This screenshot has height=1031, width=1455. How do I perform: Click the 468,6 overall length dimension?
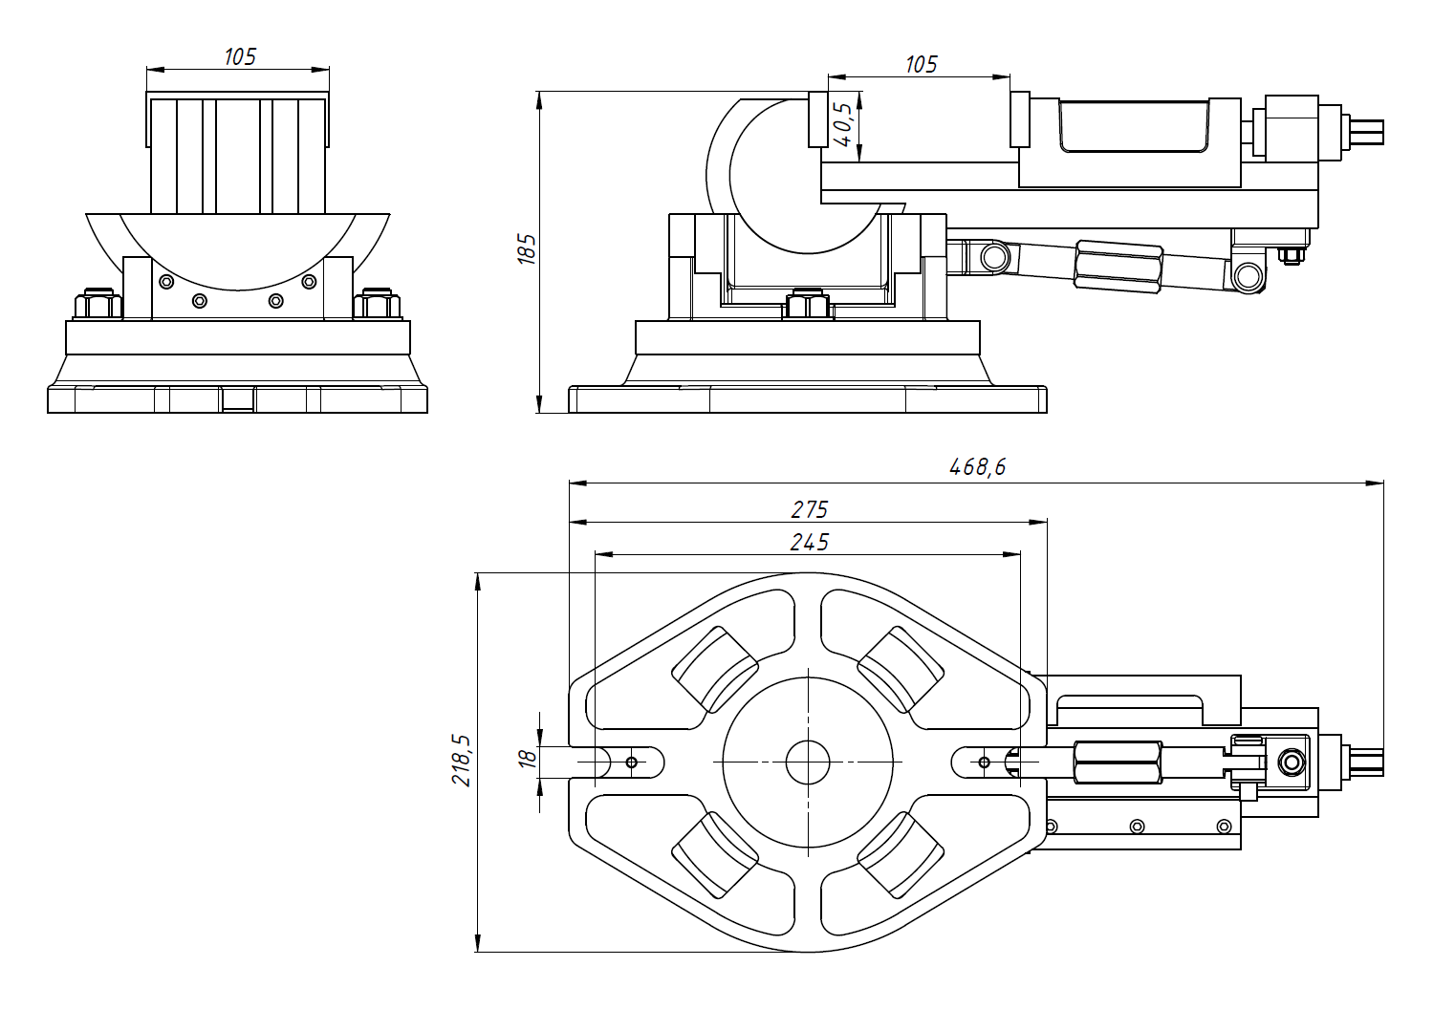pos(977,467)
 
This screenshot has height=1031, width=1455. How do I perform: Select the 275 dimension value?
pos(809,509)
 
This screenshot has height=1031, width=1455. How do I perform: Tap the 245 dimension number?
pos(809,543)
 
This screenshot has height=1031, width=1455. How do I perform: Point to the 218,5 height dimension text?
pos(461,761)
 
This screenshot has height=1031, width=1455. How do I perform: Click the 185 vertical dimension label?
pos(526,249)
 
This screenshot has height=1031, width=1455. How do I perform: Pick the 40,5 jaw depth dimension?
pos(842,124)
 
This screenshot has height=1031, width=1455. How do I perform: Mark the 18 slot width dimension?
pos(526,759)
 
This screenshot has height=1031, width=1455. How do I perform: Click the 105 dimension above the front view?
pos(240,57)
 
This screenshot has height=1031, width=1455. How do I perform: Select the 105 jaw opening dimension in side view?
pos(921,65)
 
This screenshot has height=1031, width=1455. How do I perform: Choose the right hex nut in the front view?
pos(377,305)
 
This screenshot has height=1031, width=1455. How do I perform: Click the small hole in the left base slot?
pos(631,762)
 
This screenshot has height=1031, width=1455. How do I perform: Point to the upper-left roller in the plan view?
pos(714,669)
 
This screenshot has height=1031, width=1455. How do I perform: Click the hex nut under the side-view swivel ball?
pos(806,305)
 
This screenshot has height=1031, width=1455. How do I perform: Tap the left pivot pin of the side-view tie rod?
pos(994,256)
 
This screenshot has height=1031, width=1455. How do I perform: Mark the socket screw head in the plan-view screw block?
pos(1292,762)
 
